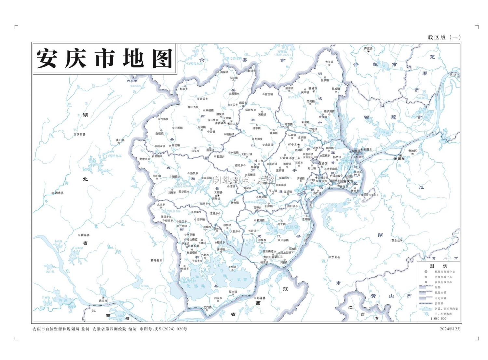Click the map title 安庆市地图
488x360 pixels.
[x=104, y=59]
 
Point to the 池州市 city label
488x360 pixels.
[x=399, y=159]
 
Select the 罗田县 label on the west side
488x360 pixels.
[x=81, y=134]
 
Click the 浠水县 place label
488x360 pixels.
[x=59, y=193]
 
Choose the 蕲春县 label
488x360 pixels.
[x=85, y=235]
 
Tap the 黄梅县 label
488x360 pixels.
[x=155, y=260]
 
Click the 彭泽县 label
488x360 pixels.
[x=261, y=298]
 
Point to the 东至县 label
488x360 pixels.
[x=335, y=257]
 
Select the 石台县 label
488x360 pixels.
[x=395, y=240]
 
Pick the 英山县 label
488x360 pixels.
[x=120, y=140]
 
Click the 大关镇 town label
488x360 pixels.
[x=329, y=62]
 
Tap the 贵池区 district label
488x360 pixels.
[x=413, y=151]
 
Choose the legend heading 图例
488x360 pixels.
[x=438, y=266]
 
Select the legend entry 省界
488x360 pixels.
[x=438, y=287]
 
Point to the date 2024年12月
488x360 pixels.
[x=450, y=329]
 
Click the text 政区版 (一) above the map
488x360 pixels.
[x=444, y=37]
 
